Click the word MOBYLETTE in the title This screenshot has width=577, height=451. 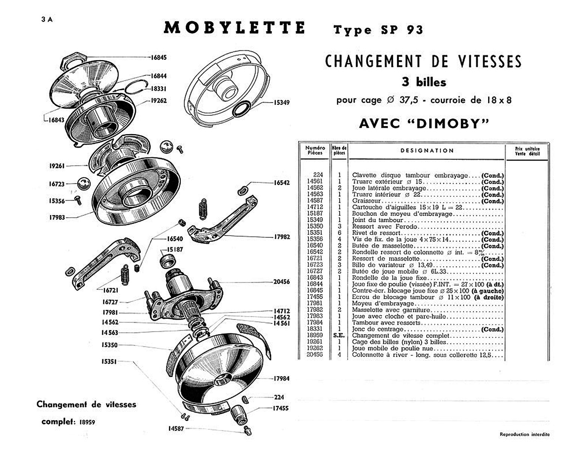234,28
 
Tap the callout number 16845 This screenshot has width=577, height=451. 158,58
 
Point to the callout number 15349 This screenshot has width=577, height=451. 281,102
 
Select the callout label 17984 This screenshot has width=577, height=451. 281,378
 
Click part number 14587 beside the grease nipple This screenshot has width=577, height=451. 176,428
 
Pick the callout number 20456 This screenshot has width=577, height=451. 281,281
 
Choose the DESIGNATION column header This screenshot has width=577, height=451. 427,151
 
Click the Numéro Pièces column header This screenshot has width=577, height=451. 315,151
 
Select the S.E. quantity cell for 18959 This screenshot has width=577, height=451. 339,335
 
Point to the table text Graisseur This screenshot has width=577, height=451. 366,201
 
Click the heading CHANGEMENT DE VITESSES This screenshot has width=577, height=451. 423,62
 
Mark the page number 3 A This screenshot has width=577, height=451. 47,20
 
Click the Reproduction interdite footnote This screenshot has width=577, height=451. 524,434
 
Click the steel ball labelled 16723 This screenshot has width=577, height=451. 84,184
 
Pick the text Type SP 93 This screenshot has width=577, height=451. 378,30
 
